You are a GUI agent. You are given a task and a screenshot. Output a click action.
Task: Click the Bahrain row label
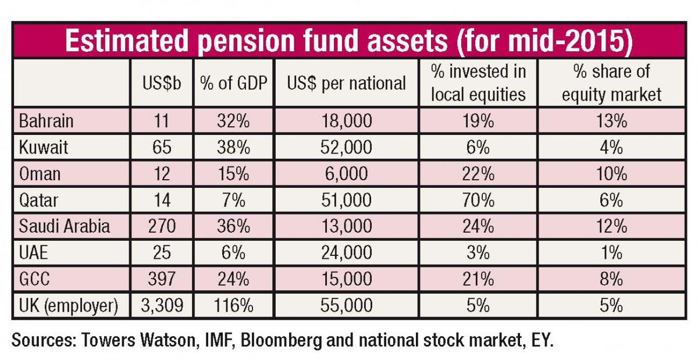(x=47, y=121)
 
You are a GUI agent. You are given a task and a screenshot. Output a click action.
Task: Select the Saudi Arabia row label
(x=65, y=226)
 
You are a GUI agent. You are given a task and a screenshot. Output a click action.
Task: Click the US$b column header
(x=162, y=83)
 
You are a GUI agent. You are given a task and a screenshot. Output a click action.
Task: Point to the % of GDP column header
(x=233, y=83)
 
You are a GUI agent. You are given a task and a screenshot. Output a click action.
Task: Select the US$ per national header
(x=346, y=83)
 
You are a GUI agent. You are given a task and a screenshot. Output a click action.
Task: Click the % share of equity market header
(x=611, y=83)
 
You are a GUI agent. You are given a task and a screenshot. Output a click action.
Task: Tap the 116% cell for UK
(x=233, y=305)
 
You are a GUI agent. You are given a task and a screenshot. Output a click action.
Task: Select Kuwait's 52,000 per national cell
(x=346, y=147)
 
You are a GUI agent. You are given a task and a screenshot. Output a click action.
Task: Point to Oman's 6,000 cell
(x=346, y=173)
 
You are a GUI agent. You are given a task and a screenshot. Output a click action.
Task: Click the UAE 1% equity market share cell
(x=611, y=252)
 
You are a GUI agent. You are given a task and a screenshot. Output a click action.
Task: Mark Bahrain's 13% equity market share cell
(x=611, y=121)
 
